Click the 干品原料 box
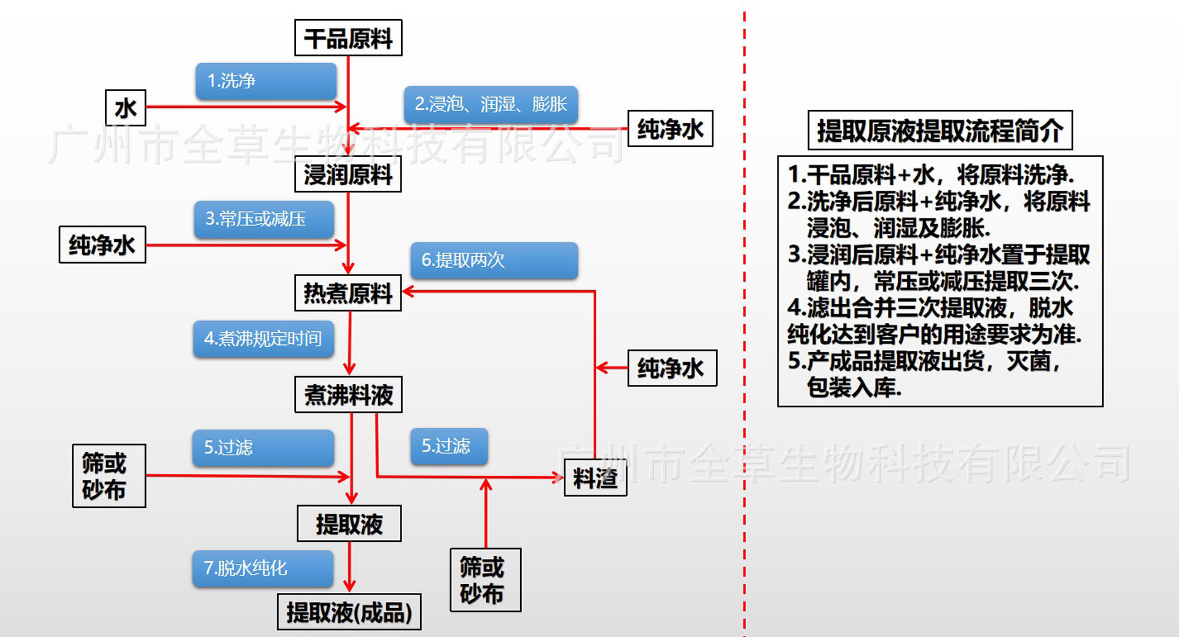tap(348, 38)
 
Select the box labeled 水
tap(125, 108)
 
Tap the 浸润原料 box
tap(348, 175)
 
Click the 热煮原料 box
tap(348, 293)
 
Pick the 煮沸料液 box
tap(348, 395)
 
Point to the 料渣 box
tap(595, 478)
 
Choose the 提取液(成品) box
tap(349, 612)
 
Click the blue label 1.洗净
tap(266, 81)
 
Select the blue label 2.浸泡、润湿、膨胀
tap(490, 104)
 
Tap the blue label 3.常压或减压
tap(264, 219)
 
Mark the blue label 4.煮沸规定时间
tap(263, 339)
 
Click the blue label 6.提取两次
tap(494, 260)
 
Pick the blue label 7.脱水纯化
tap(263, 568)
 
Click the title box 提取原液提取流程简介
tap(940, 130)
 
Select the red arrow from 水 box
tap(246, 107)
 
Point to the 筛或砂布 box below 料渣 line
tap(485, 580)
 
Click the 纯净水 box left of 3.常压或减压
tap(102, 245)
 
